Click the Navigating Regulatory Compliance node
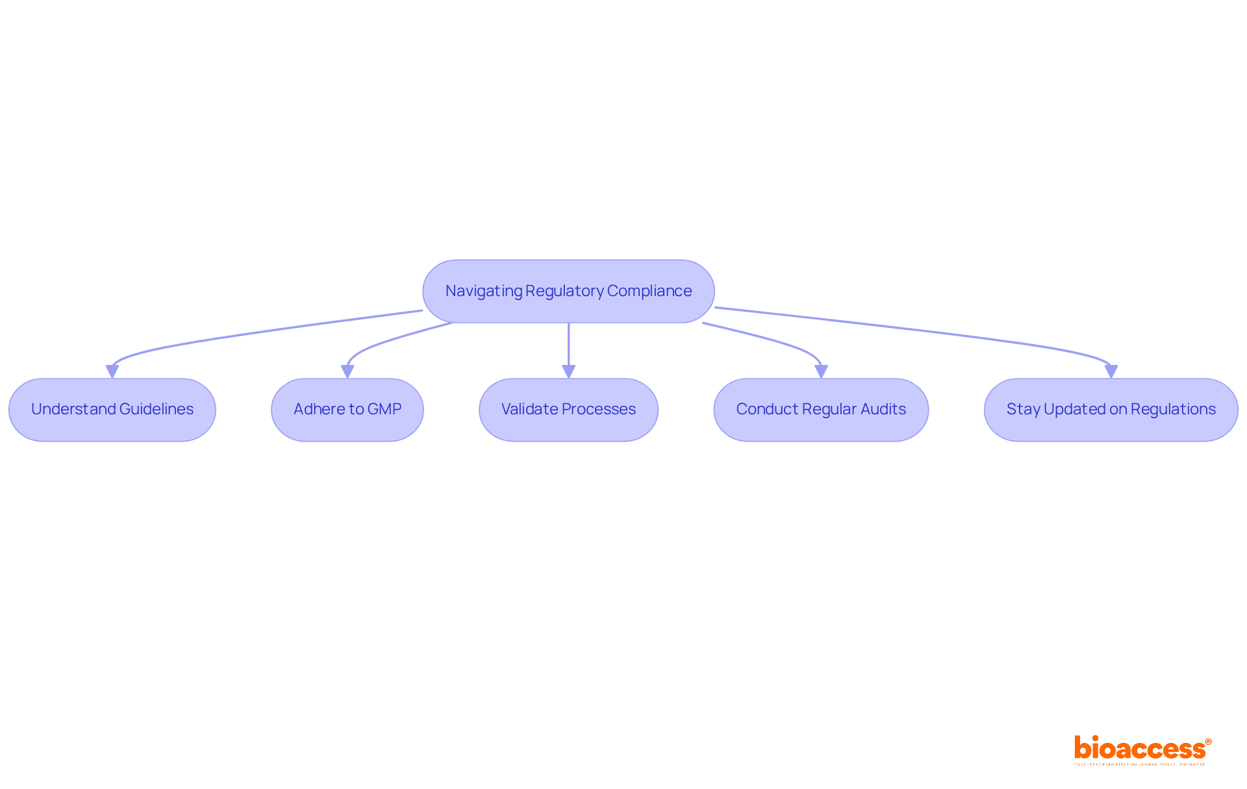point(568,291)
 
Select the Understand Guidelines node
point(112,410)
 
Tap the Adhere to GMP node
point(347,410)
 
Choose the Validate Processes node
point(568,410)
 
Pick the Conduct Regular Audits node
point(821,410)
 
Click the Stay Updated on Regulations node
point(1111,410)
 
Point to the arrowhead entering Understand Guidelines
point(112,371)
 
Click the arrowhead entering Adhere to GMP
point(347,371)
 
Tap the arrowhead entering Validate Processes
point(568,371)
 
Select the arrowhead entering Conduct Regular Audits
point(821,371)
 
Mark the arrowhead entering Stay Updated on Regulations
point(1111,371)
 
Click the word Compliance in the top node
point(649,291)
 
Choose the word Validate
point(529,409)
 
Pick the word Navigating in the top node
point(483,291)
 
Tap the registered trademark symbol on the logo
point(1208,742)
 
